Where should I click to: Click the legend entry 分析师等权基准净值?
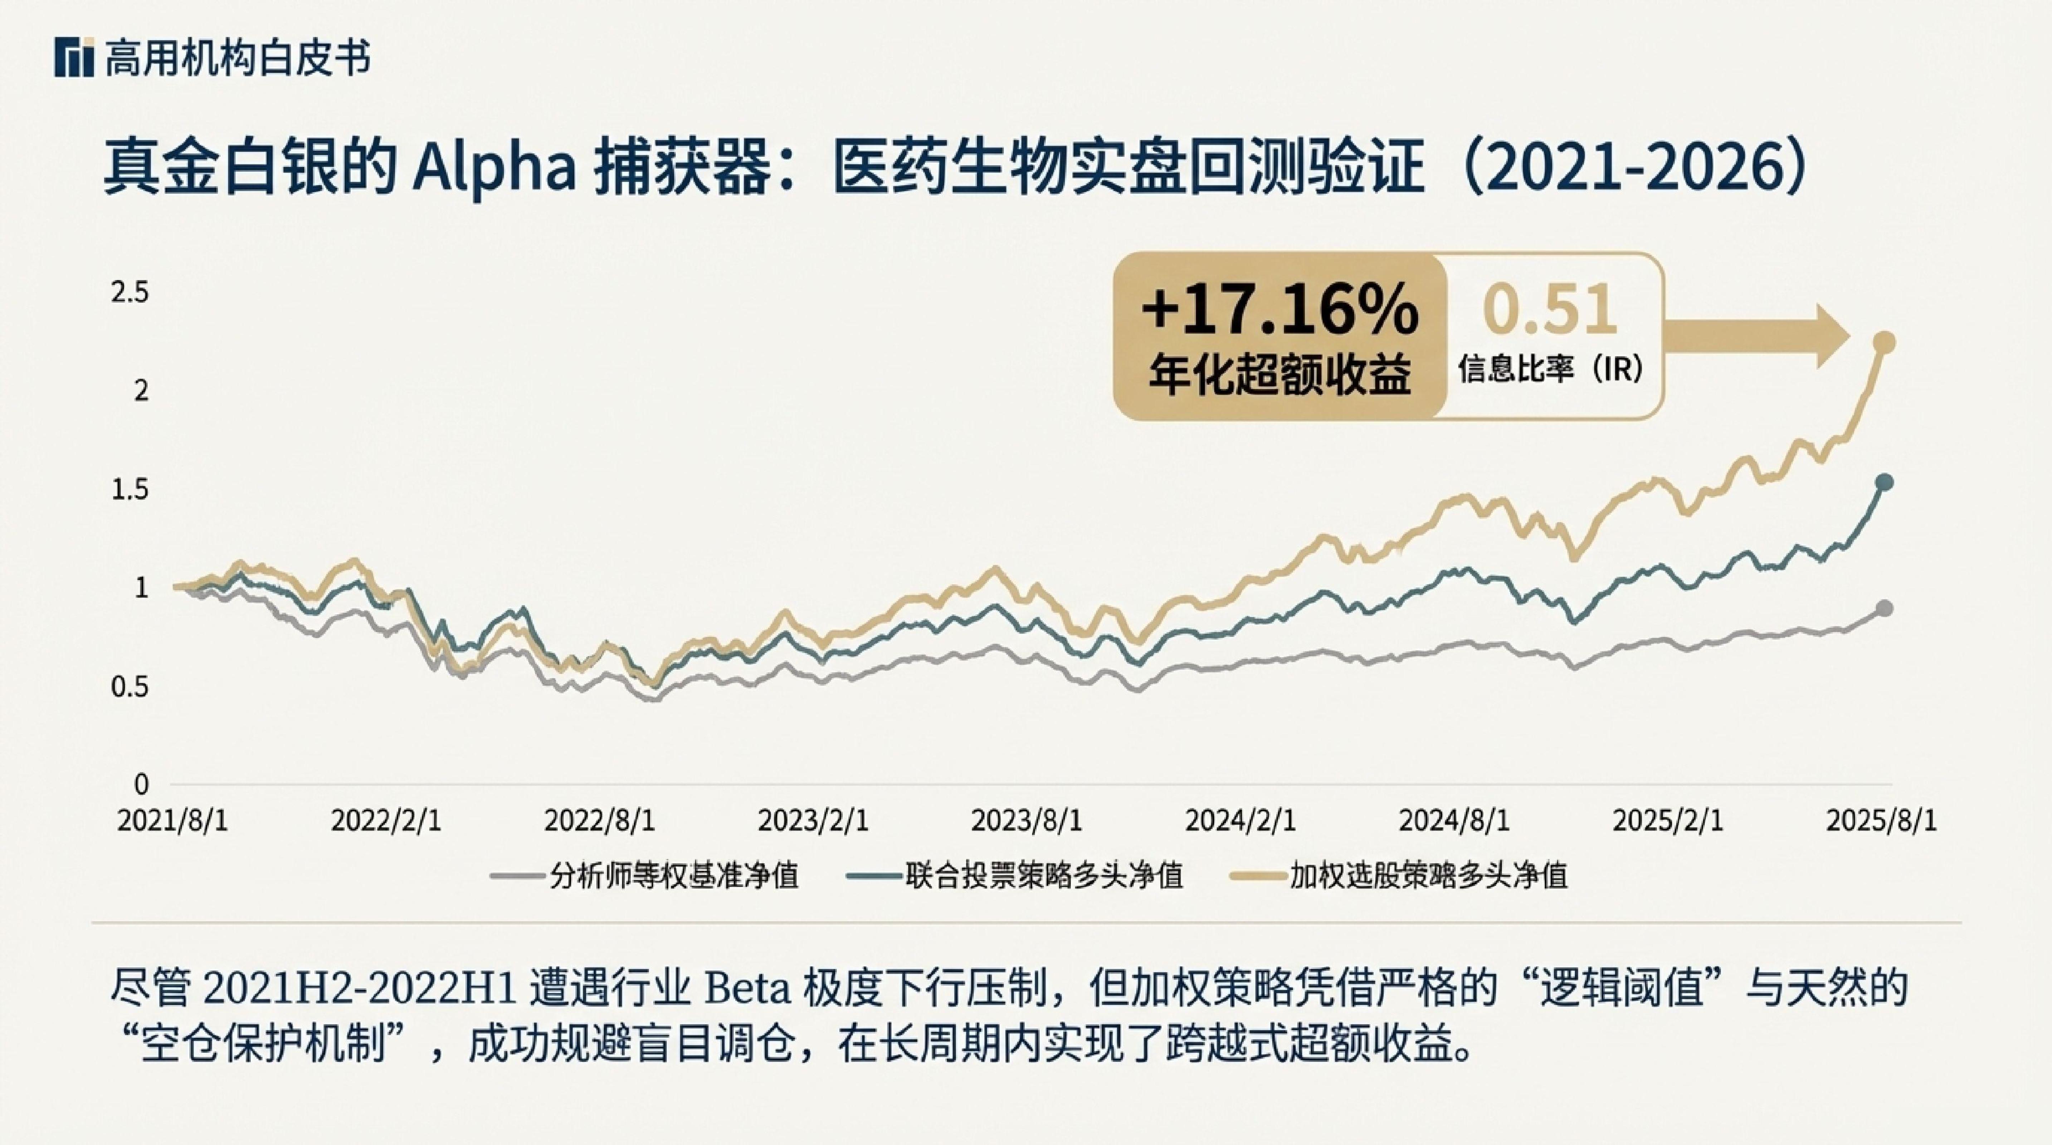pyautogui.click(x=645, y=876)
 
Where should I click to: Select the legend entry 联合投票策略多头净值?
pyautogui.click(x=1016, y=876)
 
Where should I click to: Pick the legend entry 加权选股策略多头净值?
pyautogui.click(x=1400, y=876)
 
